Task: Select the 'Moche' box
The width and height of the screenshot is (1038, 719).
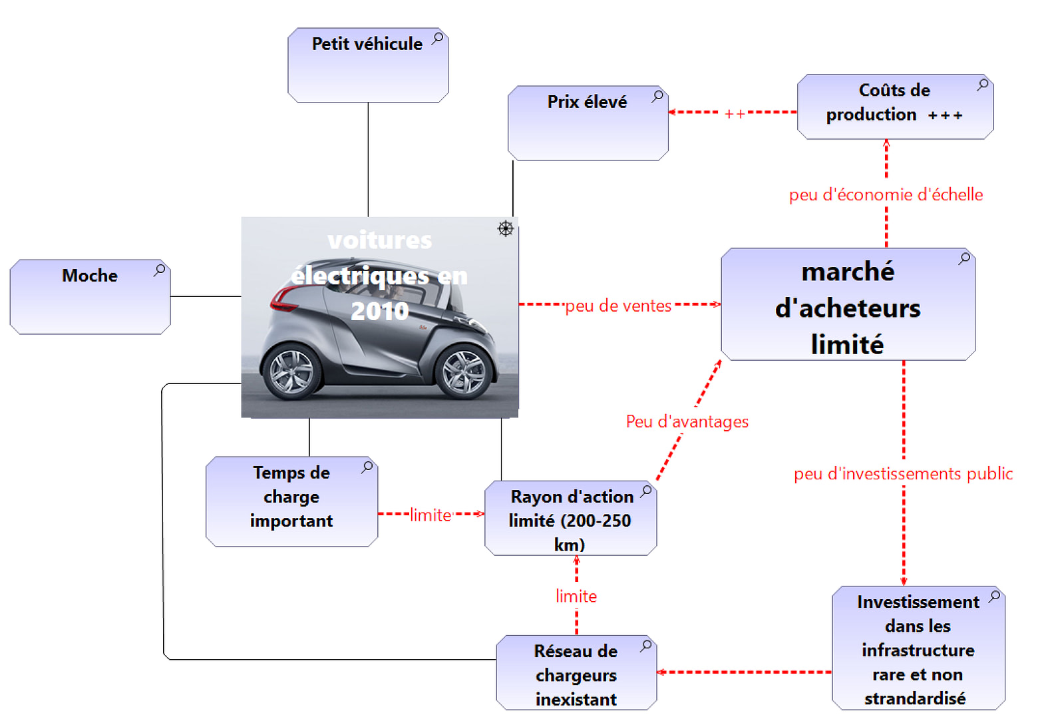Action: pyautogui.click(x=90, y=297)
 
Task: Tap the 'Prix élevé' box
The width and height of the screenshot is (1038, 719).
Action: pyautogui.click(x=588, y=123)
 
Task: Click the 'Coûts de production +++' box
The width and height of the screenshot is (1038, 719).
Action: pyautogui.click(x=895, y=107)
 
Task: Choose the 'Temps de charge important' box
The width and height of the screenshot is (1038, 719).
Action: pyautogui.click(x=291, y=501)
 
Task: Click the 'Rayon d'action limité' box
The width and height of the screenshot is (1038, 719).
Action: pyautogui.click(x=570, y=519)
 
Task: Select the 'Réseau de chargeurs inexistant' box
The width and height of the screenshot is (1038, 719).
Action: pyautogui.click(x=576, y=673)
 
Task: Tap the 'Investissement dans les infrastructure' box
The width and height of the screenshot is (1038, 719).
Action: pyautogui.click(x=918, y=648)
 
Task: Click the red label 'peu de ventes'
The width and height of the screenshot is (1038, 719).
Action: pyautogui.click(x=618, y=306)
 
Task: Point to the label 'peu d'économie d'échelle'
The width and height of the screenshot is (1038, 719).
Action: pyautogui.click(x=886, y=194)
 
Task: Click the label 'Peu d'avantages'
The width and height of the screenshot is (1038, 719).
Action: pyautogui.click(x=687, y=421)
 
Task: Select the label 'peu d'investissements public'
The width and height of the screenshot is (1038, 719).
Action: pyautogui.click(x=903, y=473)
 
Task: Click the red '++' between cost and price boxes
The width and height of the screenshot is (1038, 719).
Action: pyautogui.click(x=735, y=114)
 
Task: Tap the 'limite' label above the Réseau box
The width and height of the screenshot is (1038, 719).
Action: pyautogui.click(x=576, y=596)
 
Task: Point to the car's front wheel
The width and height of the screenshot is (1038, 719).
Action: pyautogui.click(x=464, y=371)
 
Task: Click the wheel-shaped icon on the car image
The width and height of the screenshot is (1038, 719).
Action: pyautogui.click(x=506, y=229)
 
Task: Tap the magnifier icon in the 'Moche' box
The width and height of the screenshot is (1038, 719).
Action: pyautogui.click(x=160, y=270)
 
